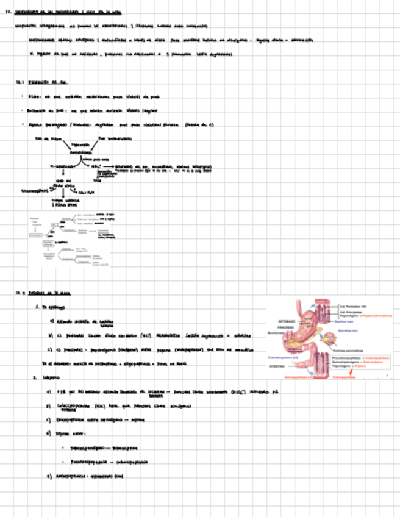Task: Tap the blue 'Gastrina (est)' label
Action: pyautogui.click(x=345, y=321)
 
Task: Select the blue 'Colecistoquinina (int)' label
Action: pyautogui.click(x=284, y=357)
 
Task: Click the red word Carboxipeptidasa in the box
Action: pyautogui.click(x=379, y=358)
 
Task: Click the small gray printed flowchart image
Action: pyautogui.click(x=69, y=240)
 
